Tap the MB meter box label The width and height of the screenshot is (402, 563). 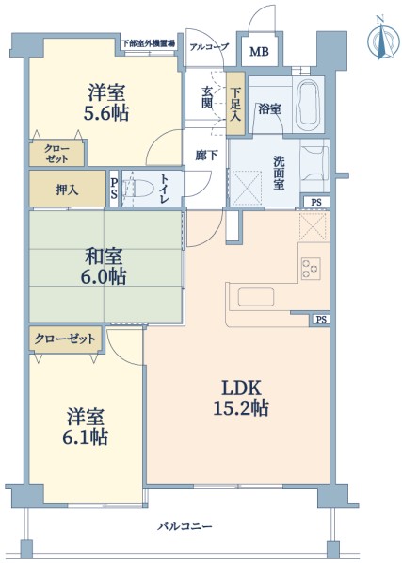[259, 52]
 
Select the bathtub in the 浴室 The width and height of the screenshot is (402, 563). [308, 106]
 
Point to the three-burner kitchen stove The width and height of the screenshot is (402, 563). [311, 268]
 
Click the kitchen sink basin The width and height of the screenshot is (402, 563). [256, 296]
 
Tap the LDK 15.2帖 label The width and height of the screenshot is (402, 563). [241, 398]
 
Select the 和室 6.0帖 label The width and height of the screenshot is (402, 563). [104, 267]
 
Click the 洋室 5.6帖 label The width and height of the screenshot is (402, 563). [106, 103]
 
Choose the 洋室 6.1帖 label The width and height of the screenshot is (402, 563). [86, 426]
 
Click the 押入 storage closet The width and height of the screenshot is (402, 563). [67, 189]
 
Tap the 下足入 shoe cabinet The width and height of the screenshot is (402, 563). [235, 104]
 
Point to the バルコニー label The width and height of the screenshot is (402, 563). [185, 527]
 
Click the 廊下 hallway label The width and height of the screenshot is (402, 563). [206, 156]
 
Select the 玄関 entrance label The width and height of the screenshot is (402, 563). [207, 97]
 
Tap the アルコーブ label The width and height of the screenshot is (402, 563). [209, 46]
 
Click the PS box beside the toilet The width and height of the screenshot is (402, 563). [114, 189]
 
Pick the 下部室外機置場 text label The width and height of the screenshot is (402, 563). [149, 43]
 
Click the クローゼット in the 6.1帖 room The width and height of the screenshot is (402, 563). [66, 339]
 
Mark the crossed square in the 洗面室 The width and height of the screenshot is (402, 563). [247, 188]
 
